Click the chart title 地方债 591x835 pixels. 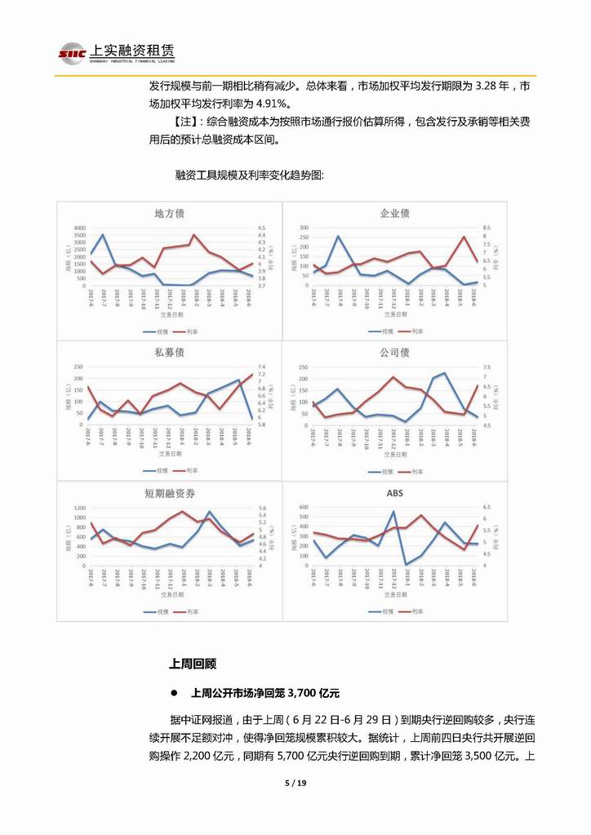pyautogui.click(x=169, y=214)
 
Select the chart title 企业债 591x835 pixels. pyautogui.click(x=395, y=214)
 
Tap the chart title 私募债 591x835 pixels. pyautogui.click(x=169, y=353)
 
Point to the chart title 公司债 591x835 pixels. pyautogui.click(x=395, y=353)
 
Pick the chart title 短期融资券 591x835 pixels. pyautogui.click(x=169, y=494)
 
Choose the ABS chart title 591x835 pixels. pyautogui.click(x=395, y=494)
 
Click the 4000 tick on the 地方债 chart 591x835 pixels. pyautogui.click(x=79, y=228)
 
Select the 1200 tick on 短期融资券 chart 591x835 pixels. pyautogui.click(x=79, y=507)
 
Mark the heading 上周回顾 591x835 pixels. pyautogui.click(x=192, y=664)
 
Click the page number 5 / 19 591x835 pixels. pyautogui.click(x=295, y=784)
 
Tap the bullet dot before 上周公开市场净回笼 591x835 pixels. pyautogui.click(x=174, y=692)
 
